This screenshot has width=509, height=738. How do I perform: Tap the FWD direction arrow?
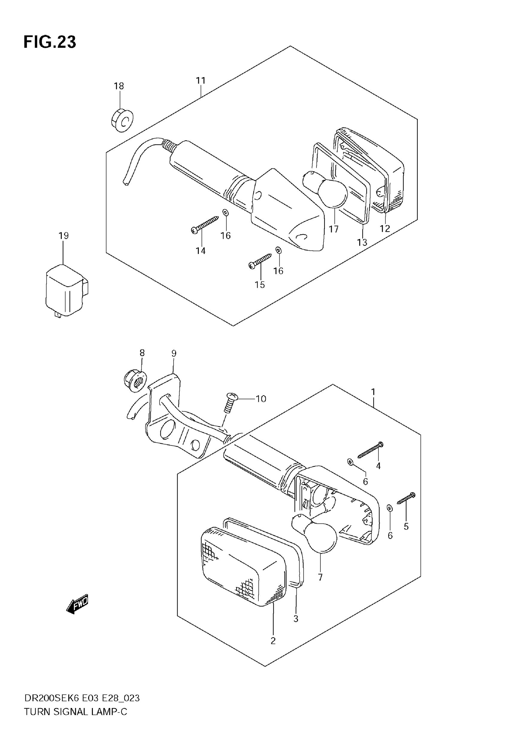(x=77, y=604)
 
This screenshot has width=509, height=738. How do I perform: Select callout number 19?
(x=63, y=236)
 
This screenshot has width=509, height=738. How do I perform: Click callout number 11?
(x=201, y=80)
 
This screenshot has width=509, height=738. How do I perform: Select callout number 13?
(x=362, y=243)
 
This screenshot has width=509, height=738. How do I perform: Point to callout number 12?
(x=385, y=228)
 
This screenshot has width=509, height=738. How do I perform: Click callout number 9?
(x=174, y=353)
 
